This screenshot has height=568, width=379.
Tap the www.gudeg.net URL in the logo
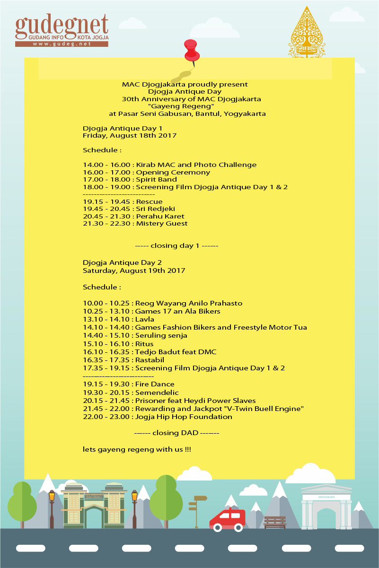point(62,44)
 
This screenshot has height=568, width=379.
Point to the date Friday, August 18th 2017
point(130,136)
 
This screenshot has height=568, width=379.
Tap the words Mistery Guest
point(162,223)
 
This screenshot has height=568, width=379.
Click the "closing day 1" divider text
point(176,246)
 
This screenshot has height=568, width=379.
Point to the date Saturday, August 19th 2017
point(134,271)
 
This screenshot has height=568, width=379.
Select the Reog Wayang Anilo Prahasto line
point(162,303)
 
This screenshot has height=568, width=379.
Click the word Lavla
point(145,319)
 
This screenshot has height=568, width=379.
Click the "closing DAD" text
point(176,433)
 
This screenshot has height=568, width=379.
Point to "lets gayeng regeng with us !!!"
point(137,449)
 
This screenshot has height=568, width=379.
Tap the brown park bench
point(275,522)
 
